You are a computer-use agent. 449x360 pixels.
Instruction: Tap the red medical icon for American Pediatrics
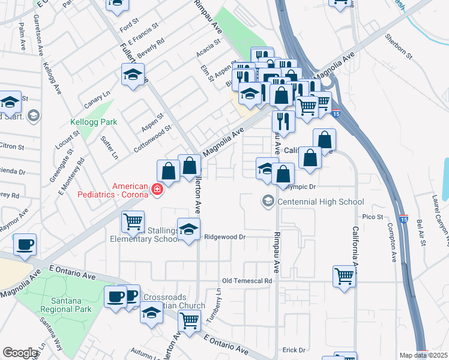pos(157,190)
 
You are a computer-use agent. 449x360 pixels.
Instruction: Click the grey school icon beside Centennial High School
pos(268,201)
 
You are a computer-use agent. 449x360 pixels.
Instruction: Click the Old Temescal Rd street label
pos(247,280)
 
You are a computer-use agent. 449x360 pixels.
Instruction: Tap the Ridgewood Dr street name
pos(225,237)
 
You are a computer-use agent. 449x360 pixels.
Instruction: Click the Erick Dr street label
pos(294,350)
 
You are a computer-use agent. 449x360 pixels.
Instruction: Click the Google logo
pos(20,353)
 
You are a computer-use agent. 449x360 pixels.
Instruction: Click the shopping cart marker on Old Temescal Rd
pos(344,277)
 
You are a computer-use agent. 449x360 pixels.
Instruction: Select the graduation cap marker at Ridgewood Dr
pos(188,230)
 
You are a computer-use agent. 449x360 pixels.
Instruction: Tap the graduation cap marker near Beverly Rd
pos(133,76)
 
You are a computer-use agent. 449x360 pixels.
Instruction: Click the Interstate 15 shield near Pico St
pos(403,213)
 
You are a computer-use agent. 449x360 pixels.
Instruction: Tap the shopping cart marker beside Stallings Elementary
pos(133,221)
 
